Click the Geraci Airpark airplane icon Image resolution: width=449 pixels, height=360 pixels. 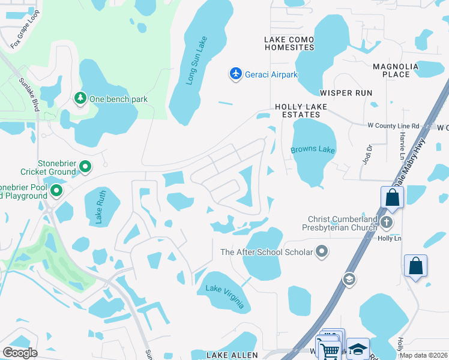(x=236, y=74)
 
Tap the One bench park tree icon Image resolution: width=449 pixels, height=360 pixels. (x=80, y=98)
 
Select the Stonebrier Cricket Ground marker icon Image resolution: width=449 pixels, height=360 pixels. (x=85, y=167)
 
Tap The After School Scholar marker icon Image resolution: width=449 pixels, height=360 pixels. (x=322, y=251)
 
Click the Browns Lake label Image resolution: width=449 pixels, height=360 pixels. (x=313, y=149)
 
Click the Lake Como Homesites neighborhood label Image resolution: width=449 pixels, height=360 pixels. (x=289, y=43)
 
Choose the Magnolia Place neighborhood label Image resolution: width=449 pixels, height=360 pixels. (x=391, y=70)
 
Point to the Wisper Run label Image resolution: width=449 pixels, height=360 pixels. (x=346, y=93)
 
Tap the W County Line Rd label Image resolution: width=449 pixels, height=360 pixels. (x=399, y=126)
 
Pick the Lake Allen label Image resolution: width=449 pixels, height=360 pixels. (x=232, y=355)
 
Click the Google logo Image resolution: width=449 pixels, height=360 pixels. (x=20, y=352)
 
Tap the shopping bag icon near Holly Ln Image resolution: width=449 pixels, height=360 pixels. (x=415, y=266)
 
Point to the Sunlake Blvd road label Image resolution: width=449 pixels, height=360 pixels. (x=28, y=94)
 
